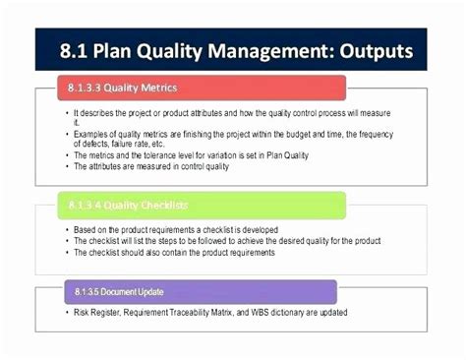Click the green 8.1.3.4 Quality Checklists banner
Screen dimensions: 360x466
tap(191, 206)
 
